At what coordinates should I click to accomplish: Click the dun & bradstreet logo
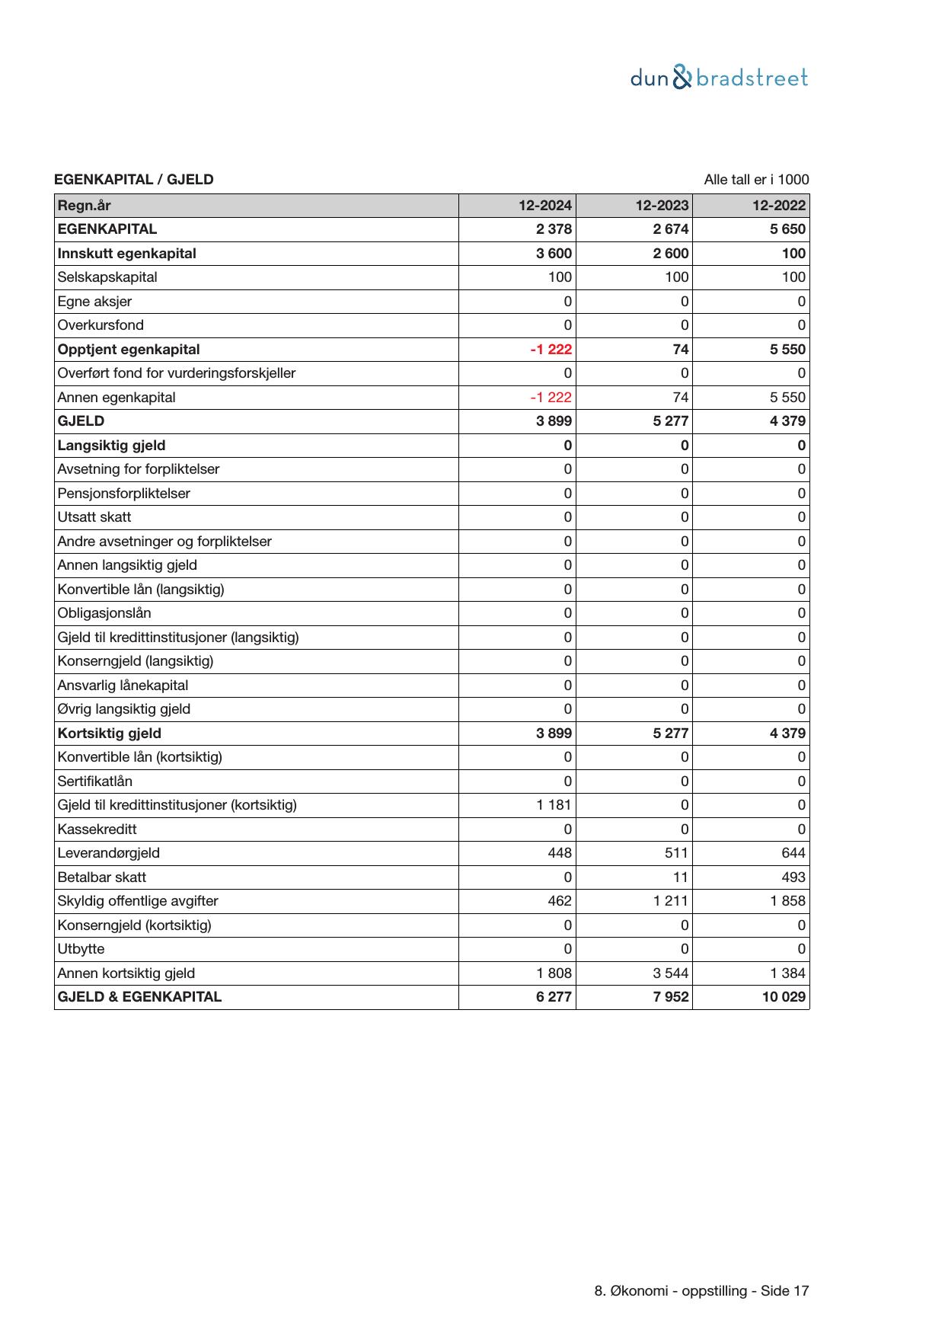[719, 78]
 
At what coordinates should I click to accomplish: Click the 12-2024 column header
[545, 206]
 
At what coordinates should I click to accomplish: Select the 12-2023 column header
[662, 206]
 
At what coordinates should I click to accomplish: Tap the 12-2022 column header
[779, 206]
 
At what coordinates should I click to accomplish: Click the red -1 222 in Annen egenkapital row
[551, 398]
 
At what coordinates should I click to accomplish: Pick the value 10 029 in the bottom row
[784, 997]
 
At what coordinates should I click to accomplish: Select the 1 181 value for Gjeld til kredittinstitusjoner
[554, 805]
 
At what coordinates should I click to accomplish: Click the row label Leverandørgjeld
[109, 853]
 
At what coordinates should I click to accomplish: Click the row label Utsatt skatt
[94, 517]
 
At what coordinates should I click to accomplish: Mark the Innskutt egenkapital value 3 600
[554, 254]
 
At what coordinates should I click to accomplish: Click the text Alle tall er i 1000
[756, 180]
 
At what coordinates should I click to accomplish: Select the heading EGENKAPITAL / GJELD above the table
[134, 180]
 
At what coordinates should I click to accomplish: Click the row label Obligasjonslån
[104, 613]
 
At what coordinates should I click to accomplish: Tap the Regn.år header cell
[84, 206]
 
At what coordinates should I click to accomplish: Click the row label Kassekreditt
[97, 829]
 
